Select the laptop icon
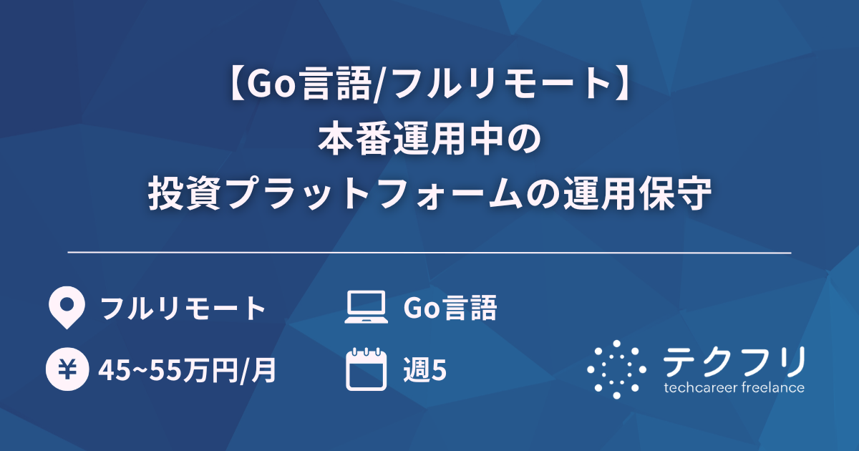[x=365, y=308]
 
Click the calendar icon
[x=365, y=369]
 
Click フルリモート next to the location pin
[x=183, y=309]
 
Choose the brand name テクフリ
[x=734, y=362]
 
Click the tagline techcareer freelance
[x=734, y=388]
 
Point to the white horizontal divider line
[x=429, y=253]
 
